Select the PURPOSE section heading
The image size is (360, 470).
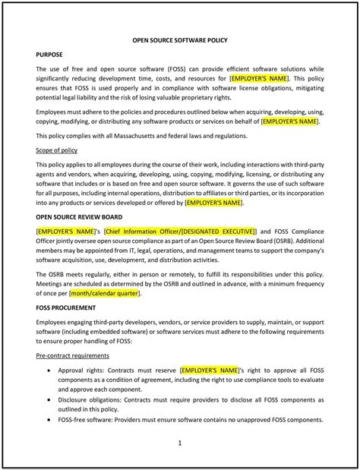point(50,55)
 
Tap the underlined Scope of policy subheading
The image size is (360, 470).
point(57,150)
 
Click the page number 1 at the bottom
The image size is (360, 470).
point(180,442)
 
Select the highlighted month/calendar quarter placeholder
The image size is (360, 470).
point(106,293)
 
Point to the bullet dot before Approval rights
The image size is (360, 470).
point(49,370)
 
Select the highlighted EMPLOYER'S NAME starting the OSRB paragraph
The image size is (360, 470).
point(65,230)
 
